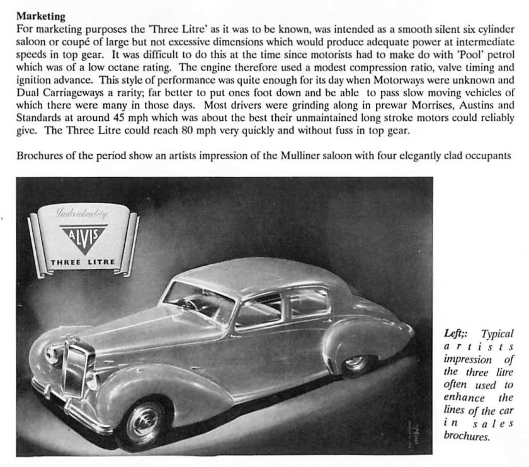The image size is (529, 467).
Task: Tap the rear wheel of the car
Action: pos(356,363)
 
